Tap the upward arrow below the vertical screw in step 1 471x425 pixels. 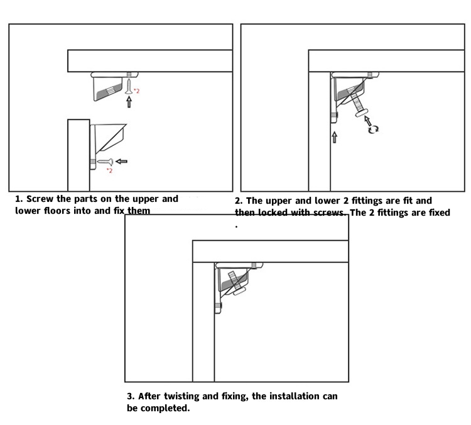129,102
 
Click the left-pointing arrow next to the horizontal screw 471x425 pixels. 121,162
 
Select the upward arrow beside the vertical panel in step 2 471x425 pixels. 334,137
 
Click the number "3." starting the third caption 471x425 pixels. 131,397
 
